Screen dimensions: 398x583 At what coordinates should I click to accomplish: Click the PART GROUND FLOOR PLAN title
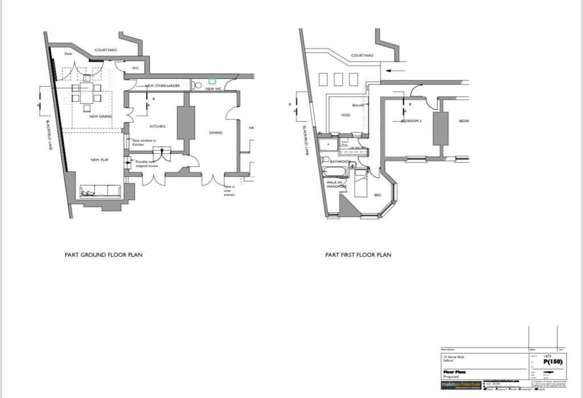tap(104, 255)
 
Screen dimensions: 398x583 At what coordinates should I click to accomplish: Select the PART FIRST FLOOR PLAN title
tap(358, 255)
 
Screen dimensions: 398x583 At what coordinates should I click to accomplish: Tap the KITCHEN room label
tap(157, 126)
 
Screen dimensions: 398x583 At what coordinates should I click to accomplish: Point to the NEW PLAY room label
tap(100, 160)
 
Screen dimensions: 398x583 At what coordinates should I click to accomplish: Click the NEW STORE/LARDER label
tap(163, 86)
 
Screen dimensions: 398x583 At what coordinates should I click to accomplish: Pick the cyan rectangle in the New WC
tap(212, 81)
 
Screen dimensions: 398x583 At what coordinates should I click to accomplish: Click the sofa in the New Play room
tap(100, 192)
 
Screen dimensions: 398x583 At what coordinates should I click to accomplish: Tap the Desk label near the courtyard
tap(68, 54)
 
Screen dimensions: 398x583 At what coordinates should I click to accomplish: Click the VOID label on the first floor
tap(346, 115)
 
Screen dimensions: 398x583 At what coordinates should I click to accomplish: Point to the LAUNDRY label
tap(357, 148)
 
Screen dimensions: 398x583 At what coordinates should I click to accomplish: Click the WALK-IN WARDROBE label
tap(336, 184)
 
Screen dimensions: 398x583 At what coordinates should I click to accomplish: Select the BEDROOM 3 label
tap(411, 121)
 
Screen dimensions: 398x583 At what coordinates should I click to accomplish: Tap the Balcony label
tap(358, 105)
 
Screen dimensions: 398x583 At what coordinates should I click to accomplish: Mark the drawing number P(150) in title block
tap(553, 362)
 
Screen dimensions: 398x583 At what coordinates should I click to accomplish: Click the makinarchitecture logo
tap(461, 385)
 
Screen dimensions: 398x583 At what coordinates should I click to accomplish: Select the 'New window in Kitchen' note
tap(144, 142)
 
